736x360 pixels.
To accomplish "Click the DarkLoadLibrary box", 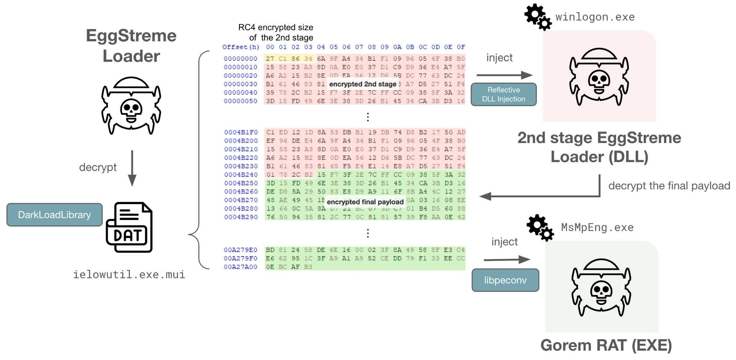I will tap(55, 215).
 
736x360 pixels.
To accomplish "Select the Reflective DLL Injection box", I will tap(503, 94).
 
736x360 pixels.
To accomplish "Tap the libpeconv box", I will tap(505, 280).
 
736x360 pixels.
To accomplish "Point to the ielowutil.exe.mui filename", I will tap(129, 275).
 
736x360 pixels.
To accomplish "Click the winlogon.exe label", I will tap(595, 17).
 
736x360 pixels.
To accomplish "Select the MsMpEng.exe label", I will tap(597, 227).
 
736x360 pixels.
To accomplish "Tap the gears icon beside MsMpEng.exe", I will tap(540, 227).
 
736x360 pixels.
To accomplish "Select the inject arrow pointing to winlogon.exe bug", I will tap(504, 75).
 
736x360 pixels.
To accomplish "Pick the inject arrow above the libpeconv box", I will tap(507, 259).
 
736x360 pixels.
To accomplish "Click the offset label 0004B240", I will tap(241, 175).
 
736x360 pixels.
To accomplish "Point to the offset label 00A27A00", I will tap(240, 267).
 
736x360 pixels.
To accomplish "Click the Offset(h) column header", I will tap(240, 47).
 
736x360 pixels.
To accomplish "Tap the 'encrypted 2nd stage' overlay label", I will tap(363, 84).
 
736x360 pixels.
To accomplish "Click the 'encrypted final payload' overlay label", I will tap(365, 202).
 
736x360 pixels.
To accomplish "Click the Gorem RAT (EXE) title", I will tap(606, 345).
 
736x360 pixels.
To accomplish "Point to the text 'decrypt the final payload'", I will tap(669, 186).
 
